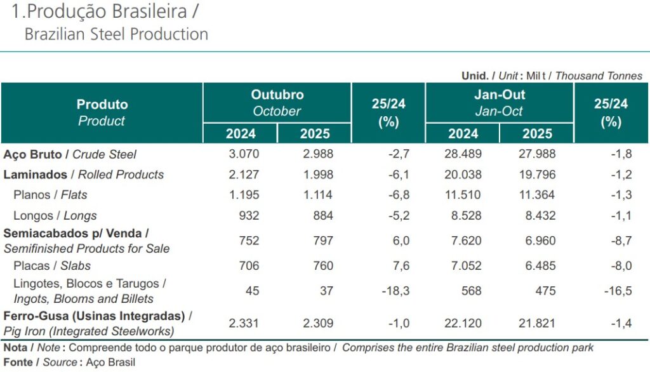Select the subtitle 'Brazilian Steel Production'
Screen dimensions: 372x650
click(116, 34)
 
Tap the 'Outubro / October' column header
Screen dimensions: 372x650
click(277, 103)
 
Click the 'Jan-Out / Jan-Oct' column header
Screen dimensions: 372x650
click(499, 103)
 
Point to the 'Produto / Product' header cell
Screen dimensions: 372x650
click(102, 112)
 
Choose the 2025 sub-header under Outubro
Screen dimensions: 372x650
click(314, 134)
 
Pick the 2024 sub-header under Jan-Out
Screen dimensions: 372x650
click(463, 134)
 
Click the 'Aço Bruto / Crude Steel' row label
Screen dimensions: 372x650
click(70, 154)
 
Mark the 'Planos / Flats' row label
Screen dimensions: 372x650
click(50, 195)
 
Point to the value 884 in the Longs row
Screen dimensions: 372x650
click(322, 216)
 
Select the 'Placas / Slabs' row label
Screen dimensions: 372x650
click(52, 266)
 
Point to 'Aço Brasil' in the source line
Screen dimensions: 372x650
click(109, 363)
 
